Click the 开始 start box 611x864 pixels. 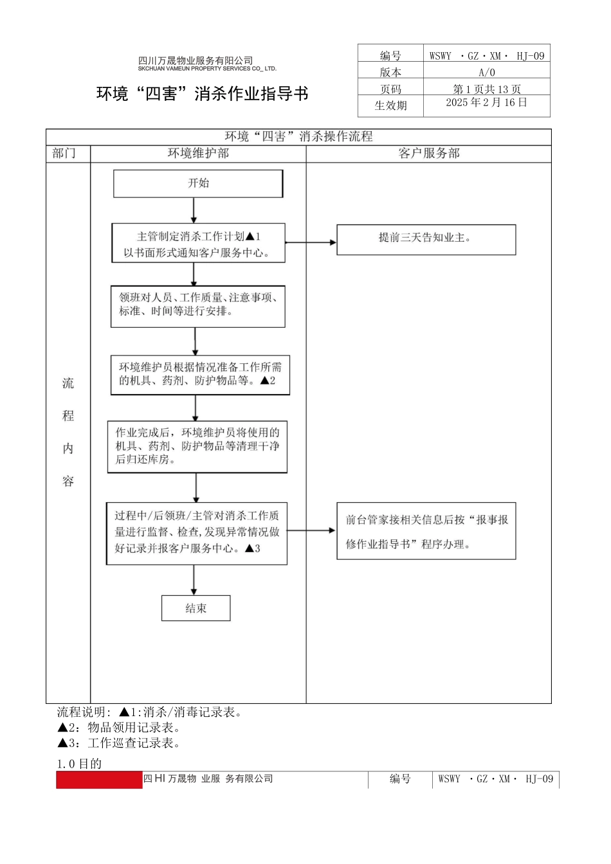click(198, 184)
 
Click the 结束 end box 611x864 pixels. click(196, 608)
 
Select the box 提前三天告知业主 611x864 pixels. click(426, 239)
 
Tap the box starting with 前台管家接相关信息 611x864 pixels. click(426, 531)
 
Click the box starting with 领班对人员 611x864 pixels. click(197, 306)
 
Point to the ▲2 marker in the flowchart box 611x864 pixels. click(268, 381)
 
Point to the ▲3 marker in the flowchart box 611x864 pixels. click(253, 548)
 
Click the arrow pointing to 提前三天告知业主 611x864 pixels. click(311, 242)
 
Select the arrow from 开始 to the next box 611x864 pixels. click(194, 210)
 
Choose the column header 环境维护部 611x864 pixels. click(198, 154)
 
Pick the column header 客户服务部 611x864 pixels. click(428, 154)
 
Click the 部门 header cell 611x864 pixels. click(64, 154)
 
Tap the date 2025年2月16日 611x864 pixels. click(486, 103)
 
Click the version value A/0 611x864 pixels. click(486, 73)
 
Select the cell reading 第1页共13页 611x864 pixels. click(486, 89)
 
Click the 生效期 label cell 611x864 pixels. click(390, 105)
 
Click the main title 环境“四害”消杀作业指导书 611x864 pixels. click(203, 94)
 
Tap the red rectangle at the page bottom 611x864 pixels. click(99, 780)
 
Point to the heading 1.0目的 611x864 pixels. click(79, 764)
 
